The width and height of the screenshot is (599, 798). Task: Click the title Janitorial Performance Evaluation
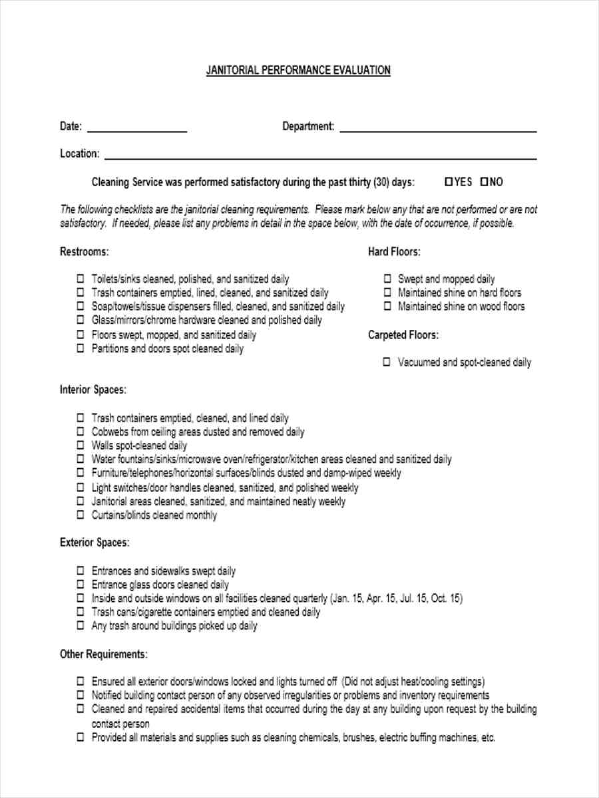tap(298, 70)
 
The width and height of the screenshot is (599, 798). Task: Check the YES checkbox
tap(449, 182)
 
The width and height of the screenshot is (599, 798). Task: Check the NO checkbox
tap(484, 182)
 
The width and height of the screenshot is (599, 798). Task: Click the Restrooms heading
tap(84, 252)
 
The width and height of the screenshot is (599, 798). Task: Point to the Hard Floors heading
tap(394, 252)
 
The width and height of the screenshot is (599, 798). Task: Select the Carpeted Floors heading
tap(403, 335)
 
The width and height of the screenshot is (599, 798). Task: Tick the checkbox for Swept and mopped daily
tap(387, 279)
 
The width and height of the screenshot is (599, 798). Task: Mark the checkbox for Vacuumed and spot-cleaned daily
tap(387, 362)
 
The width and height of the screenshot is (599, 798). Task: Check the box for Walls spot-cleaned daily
tap(80, 446)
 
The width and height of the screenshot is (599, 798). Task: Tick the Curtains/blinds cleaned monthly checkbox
tap(80, 515)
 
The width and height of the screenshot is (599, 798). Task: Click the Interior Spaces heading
tap(93, 390)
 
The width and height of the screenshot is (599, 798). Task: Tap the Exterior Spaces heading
tap(95, 543)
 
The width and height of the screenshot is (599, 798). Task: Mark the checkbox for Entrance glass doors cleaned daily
tap(80, 585)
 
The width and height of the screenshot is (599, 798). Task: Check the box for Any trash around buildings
tap(80, 626)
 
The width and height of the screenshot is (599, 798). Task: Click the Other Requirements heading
tap(104, 654)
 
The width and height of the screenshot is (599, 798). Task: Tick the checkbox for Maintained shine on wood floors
tap(387, 307)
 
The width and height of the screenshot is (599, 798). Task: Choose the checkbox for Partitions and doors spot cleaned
tap(80, 348)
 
